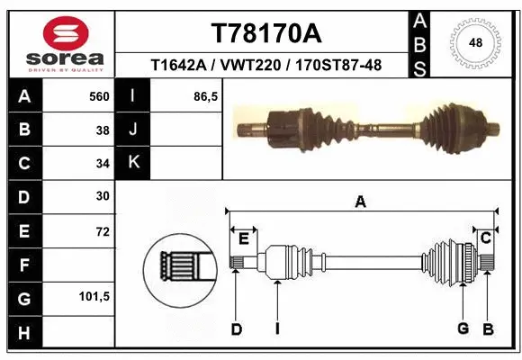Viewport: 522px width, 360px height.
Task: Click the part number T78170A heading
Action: coord(265,33)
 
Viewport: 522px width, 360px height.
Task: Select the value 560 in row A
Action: coord(98,94)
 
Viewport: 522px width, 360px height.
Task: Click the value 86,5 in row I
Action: coord(206,94)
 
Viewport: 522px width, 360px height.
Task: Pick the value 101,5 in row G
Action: coord(94,296)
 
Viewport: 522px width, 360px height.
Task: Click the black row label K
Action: coord(133,162)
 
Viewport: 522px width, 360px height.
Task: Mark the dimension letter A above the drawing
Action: coord(360,202)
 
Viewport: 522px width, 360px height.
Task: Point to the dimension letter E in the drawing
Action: coord(243,238)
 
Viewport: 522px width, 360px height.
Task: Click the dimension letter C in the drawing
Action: coord(485,238)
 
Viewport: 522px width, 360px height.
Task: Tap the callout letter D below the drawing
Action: coord(236,329)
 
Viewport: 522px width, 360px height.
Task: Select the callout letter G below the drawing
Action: coord(463,328)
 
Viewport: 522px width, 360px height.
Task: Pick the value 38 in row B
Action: coord(103,130)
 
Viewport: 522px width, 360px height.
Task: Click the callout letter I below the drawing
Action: coord(277,329)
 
